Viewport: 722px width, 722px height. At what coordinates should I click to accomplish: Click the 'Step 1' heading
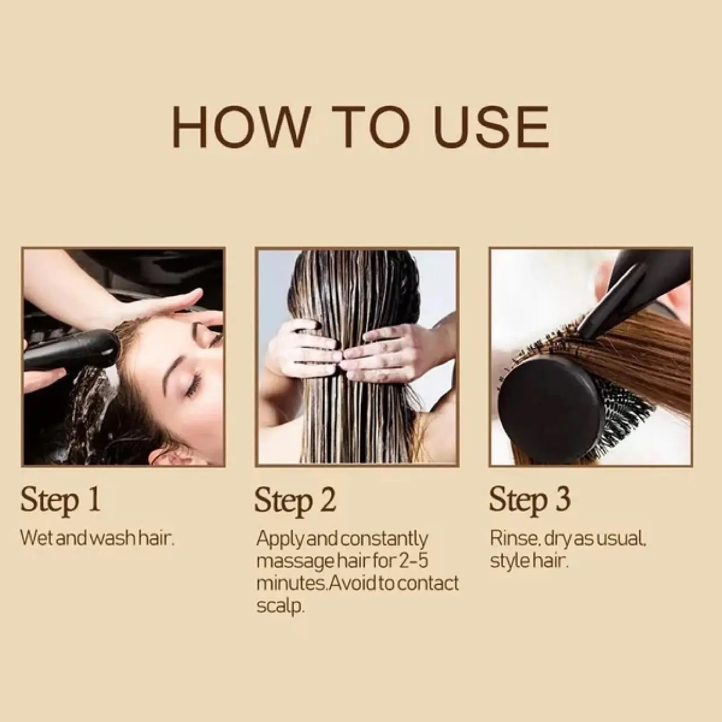click(x=60, y=500)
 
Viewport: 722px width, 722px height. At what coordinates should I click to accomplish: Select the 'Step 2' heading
click(x=295, y=500)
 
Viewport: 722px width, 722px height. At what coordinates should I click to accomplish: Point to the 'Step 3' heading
click(x=530, y=500)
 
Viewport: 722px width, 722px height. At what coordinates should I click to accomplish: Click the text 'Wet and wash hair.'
click(x=98, y=538)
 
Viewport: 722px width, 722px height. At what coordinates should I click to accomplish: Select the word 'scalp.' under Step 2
click(x=280, y=607)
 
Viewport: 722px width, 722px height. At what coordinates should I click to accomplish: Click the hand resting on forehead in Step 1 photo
click(x=158, y=307)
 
